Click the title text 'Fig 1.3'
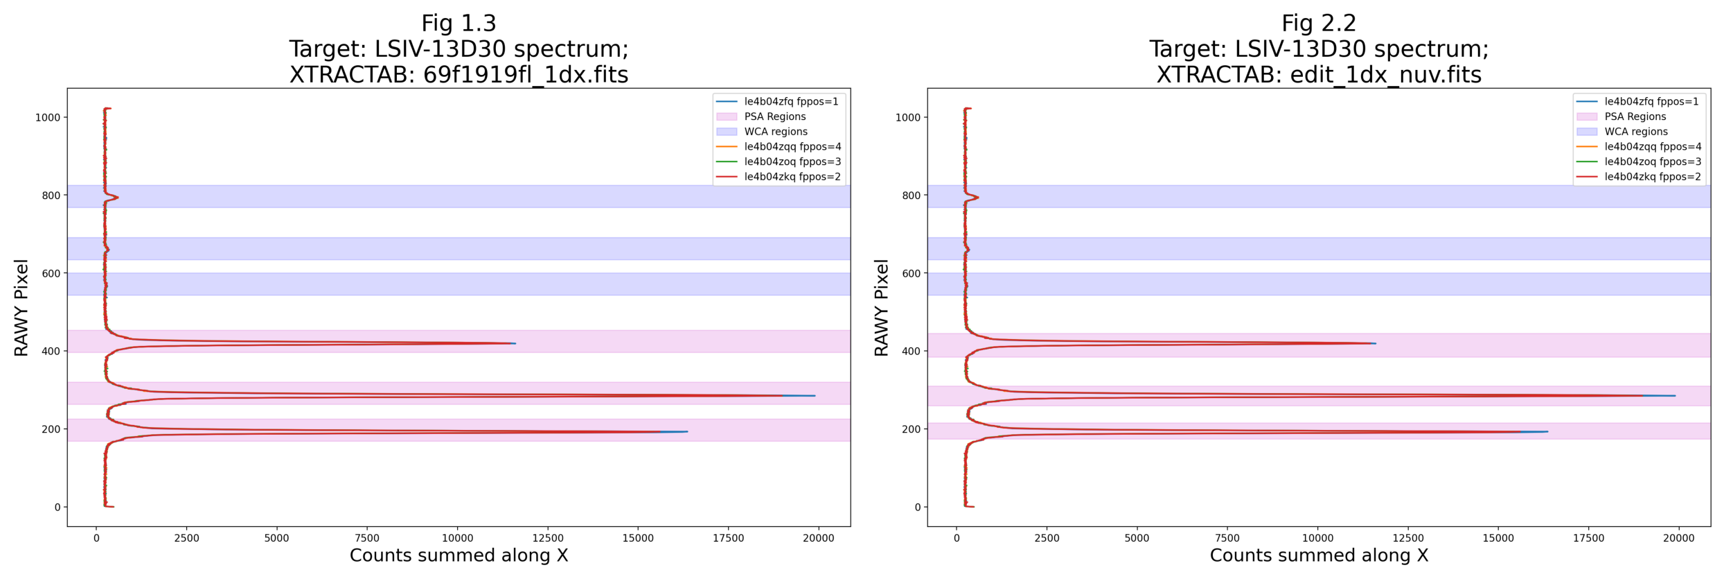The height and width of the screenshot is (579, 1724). click(459, 24)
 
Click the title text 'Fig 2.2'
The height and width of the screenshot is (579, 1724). click(1318, 24)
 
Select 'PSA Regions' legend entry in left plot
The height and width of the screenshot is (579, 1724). click(774, 116)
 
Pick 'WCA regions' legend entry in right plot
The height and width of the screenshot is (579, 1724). click(1635, 132)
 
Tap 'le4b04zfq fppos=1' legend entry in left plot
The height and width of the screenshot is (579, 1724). click(790, 102)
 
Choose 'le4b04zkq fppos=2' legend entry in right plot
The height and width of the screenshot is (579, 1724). click(1652, 177)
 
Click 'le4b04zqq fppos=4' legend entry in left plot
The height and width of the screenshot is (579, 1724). click(792, 147)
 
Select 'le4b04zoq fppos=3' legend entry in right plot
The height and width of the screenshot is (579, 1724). click(1652, 162)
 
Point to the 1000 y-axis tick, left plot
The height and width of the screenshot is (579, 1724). click(48, 118)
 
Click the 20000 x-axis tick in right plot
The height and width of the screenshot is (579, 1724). click(1678, 538)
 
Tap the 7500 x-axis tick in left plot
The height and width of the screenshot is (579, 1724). click(367, 538)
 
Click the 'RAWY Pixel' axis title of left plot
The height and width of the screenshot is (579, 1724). click(21, 308)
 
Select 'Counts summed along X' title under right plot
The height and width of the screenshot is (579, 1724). click(1319, 555)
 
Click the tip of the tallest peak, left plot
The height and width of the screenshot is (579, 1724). click(815, 396)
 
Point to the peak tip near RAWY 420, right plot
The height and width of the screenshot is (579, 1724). click(1375, 343)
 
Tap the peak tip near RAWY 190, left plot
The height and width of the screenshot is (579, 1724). click(686, 431)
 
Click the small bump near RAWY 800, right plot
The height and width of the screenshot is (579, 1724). click(977, 198)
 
